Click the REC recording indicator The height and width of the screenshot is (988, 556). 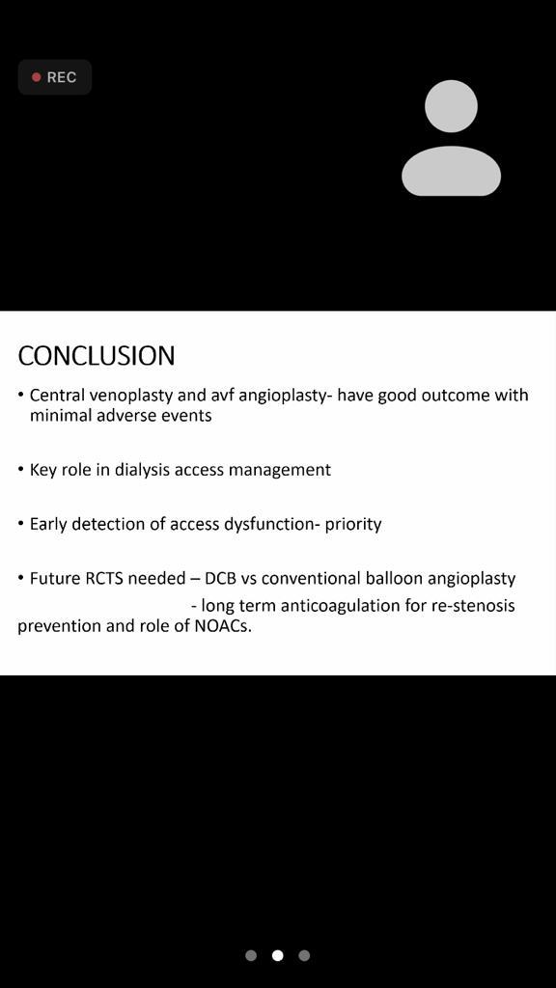(55, 77)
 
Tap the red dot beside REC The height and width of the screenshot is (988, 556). (37, 77)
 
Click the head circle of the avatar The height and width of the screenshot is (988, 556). (451, 106)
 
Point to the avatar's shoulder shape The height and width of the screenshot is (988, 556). (452, 171)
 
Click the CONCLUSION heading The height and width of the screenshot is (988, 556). (97, 356)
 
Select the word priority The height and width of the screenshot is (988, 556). (353, 524)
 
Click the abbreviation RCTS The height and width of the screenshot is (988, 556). (104, 578)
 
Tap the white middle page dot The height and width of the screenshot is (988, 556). (277, 955)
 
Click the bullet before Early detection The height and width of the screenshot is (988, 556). (21, 523)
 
